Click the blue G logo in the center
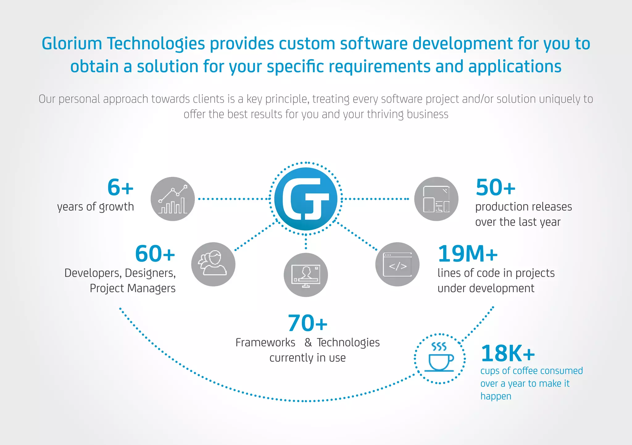(x=306, y=199)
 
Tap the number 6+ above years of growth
(x=120, y=187)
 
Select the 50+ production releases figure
(x=495, y=187)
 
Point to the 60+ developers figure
(x=155, y=254)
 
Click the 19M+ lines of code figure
(x=468, y=254)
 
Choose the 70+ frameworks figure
(x=307, y=323)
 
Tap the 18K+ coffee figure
(x=508, y=353)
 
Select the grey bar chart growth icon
(x=173, y=199)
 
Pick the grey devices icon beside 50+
(x=436, y=199)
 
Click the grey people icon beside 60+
(x=213, y=264)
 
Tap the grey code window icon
(x=397, y=264)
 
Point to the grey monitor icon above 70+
(x=306, y=275)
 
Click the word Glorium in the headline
(x=72, y=43)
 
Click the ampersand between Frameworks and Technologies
(x=308, y=343)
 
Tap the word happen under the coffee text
(x=496, y=396)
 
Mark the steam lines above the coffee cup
(x=439, y=347)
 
